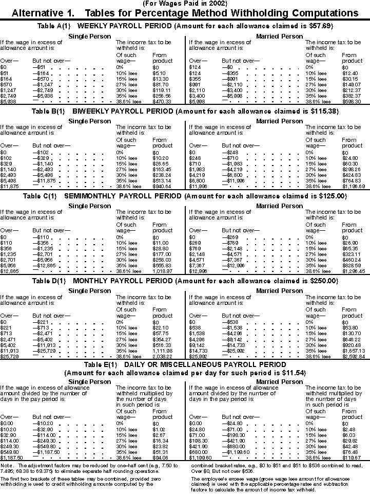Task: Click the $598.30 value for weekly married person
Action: (352, 102)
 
